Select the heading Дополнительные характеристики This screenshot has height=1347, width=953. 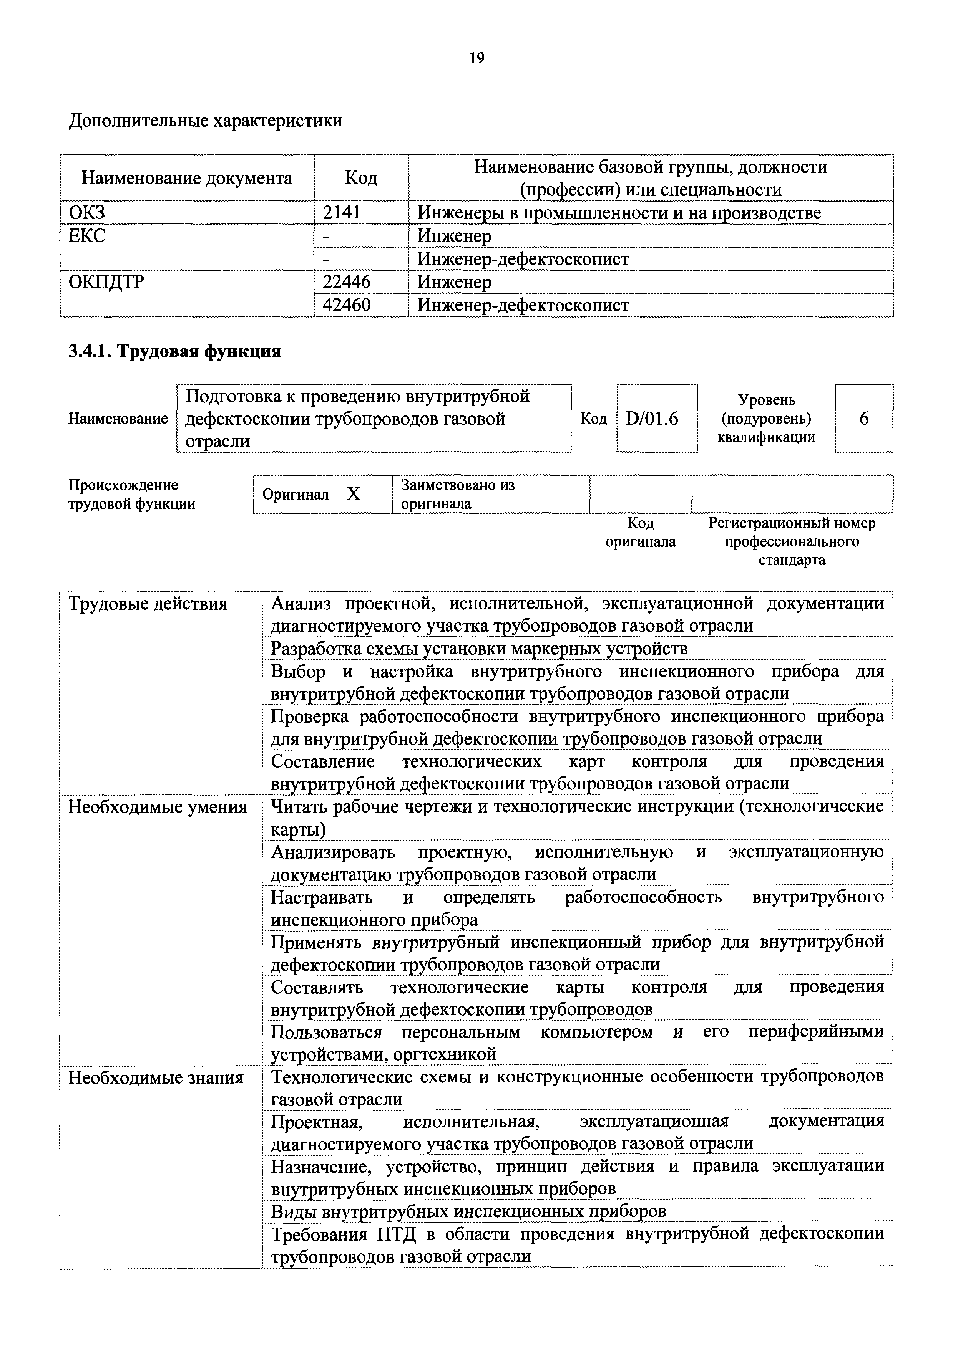[x=206, y=121]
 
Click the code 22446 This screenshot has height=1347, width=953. [x=347, y=282]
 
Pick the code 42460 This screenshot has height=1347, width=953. [x=347, y=305]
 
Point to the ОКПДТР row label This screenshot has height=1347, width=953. [x=106, y=282]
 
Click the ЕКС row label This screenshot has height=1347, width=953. [x=88, y=236]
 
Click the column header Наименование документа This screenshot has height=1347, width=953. [x=187, y=178]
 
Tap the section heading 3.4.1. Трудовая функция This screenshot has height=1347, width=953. [x=175, y=351]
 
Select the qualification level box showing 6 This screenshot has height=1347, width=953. [x=864, y=418]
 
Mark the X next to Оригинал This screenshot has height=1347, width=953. [x=353, y=495]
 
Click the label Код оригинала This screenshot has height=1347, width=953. [x=641, y=532]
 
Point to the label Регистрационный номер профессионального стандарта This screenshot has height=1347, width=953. [x=792, y=541]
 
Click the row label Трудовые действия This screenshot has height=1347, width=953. [x=148, y=604]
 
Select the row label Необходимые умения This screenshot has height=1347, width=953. [x=158, y=807]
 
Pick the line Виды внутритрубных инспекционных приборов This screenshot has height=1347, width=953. [x=468, y=1211]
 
